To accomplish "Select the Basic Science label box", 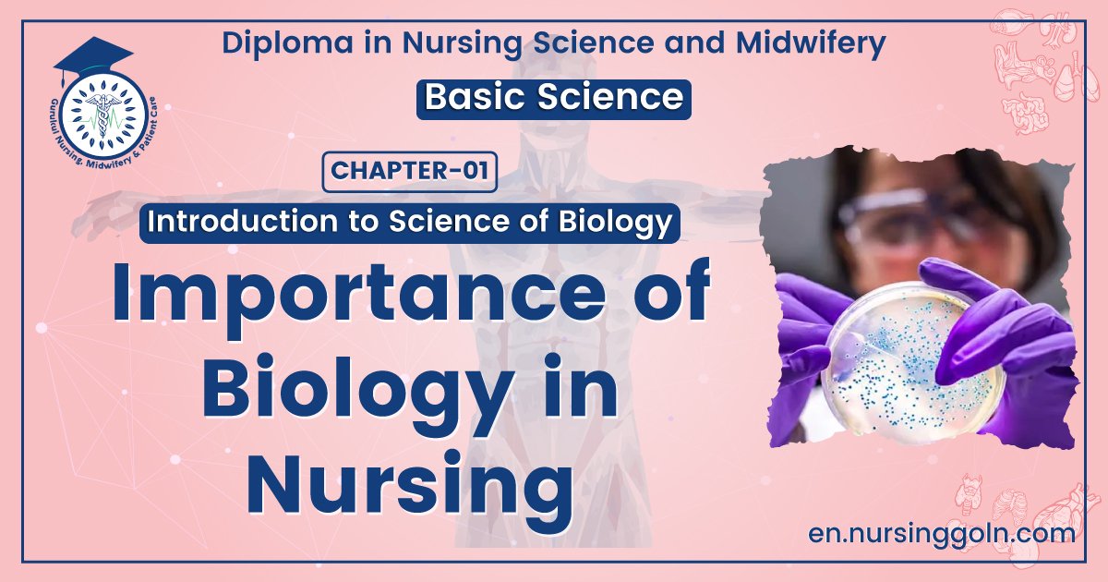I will tap(554, 98).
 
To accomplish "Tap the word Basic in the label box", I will tap(477, 98).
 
